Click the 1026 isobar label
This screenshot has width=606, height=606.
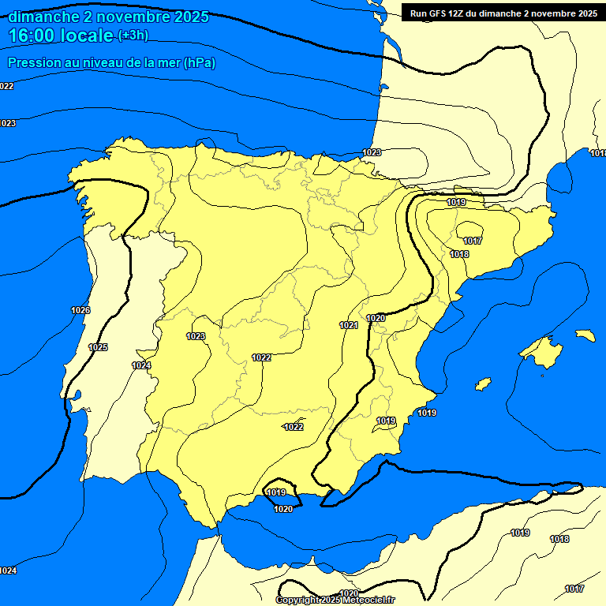click(80, 310)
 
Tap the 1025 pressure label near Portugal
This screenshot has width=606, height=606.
click(98, 347)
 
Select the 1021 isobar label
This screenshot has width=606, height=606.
click(349, 325)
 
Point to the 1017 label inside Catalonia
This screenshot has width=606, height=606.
click(473, 241)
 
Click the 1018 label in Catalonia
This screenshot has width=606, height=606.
click(459, 254)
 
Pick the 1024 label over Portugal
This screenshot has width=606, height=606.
click(141, 365)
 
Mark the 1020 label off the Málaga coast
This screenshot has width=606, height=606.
click(283, 509)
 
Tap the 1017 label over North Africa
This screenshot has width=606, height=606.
click(574, 589)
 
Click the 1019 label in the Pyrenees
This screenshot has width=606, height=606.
click(456, 203)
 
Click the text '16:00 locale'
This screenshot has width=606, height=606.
click(61, 35)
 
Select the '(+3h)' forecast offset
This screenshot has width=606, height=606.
click(133, 36)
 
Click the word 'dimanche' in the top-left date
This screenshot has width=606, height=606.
click(40, 17)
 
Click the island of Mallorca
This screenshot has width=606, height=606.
click(541, 348)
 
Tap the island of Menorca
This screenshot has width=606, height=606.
click(585, 335)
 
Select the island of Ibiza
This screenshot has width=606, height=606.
click(482, 383)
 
